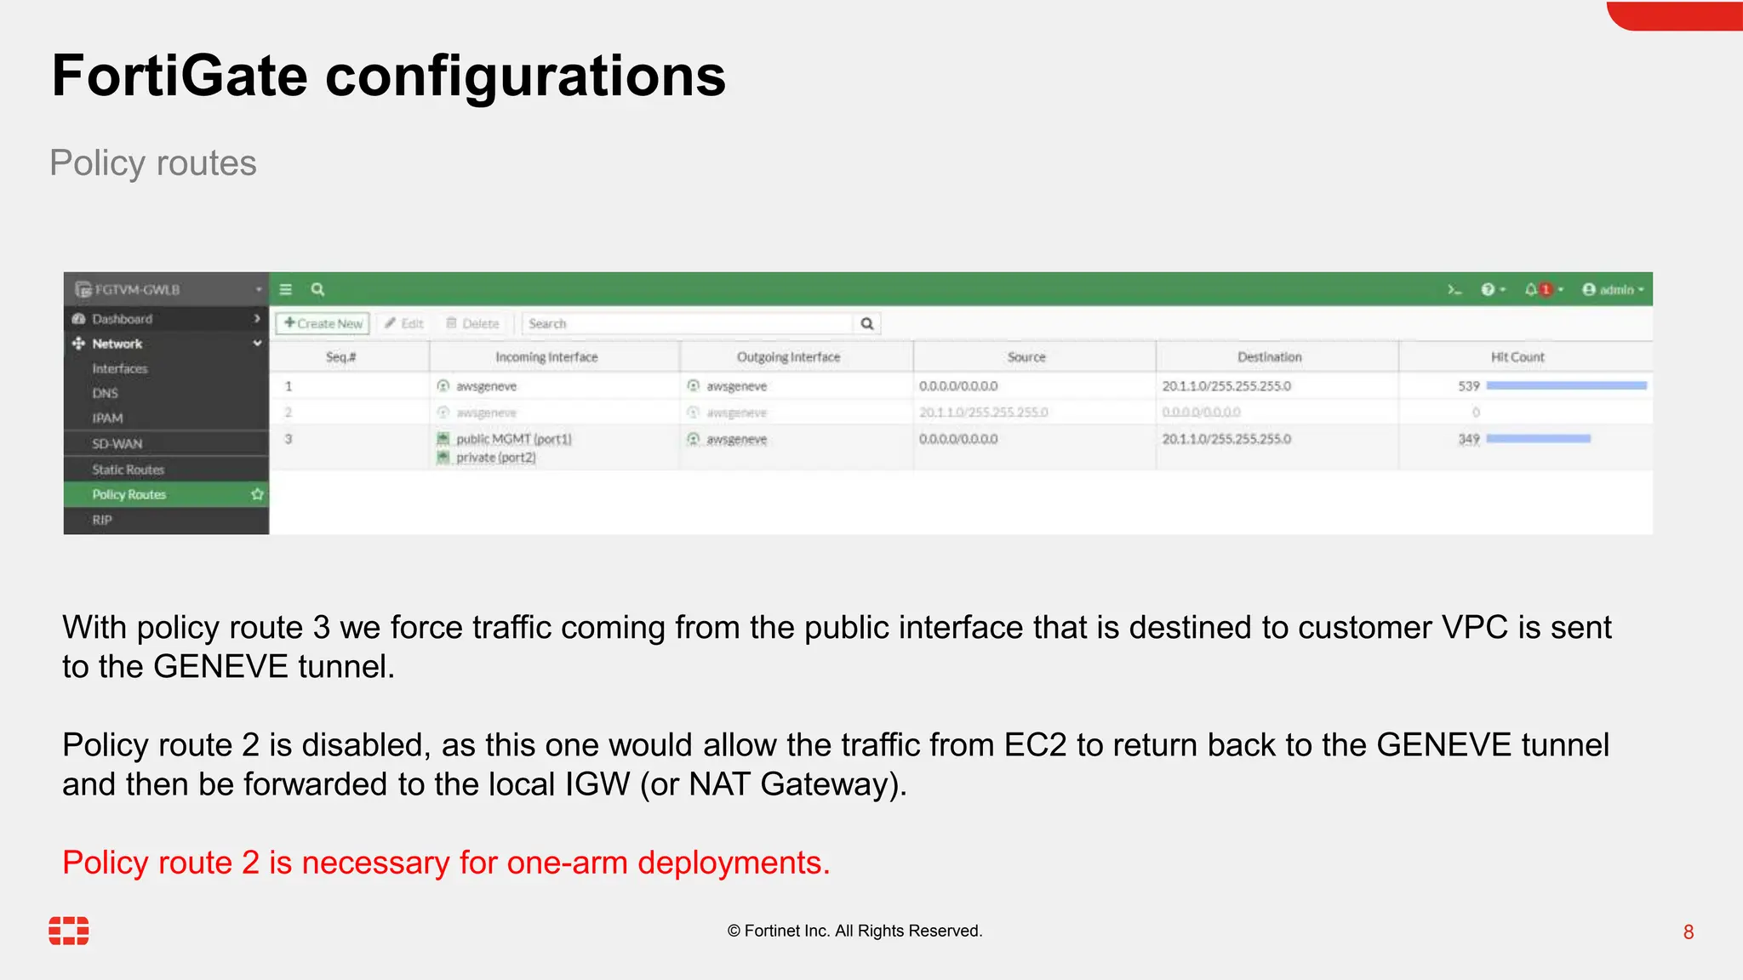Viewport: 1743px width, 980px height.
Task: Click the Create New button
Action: (323, 323)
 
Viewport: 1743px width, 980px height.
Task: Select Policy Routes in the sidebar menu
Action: (129, 494)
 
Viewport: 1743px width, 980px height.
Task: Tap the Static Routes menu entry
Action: (128, 470)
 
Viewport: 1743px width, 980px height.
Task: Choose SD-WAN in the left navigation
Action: (117, 444)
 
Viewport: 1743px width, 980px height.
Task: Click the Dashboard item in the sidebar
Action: (123, 319)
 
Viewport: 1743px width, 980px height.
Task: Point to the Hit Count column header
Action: (1517, 357)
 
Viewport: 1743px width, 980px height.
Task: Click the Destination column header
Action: (1269, 357)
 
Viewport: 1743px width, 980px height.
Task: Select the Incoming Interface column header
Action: (546, 357)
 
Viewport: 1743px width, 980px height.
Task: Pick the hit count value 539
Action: (1468, 386)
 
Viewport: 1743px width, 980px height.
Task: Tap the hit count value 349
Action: (1468, 439)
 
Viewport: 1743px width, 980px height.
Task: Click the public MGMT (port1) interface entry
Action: (513, 439)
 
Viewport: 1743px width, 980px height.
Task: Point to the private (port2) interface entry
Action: (495, 458)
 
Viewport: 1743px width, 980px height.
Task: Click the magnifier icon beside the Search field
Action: (867, 323)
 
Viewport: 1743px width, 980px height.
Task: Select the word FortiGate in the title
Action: (179, 77)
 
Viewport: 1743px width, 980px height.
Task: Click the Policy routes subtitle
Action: (153, 163)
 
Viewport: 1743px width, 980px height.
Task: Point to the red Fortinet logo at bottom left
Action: (69, 931)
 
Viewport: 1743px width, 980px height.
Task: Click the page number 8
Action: (1689, 932)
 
